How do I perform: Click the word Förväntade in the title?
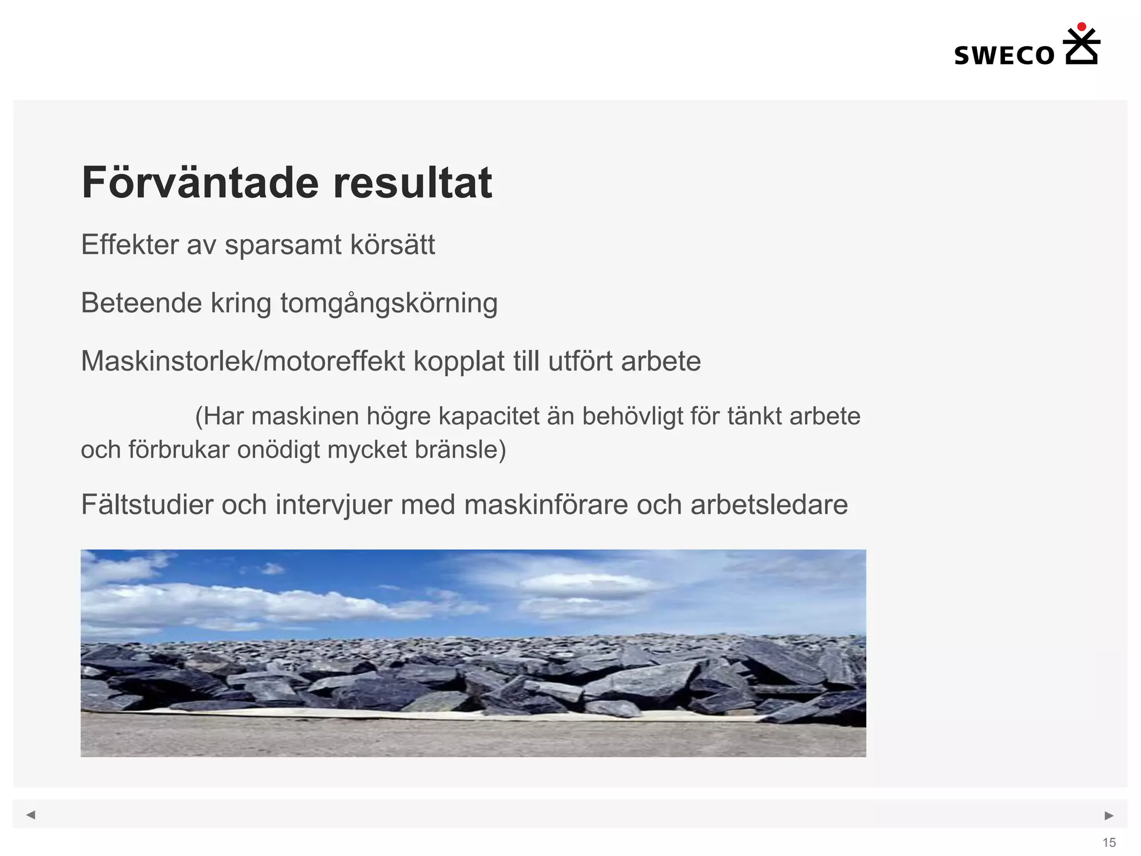pos(200,183)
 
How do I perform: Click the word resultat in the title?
pos(412,183)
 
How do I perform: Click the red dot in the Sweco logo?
pos(1081,26)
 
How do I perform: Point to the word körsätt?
pos(392,245)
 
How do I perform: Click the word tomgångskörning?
pos(388,304)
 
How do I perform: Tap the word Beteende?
pos(141,304)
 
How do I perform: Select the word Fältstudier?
pos(147,505)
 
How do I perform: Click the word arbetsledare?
pos(769,505)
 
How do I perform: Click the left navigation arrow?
pos(31,815)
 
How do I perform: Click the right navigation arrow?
pos(1109,815)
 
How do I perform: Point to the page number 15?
pos(1109,843)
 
